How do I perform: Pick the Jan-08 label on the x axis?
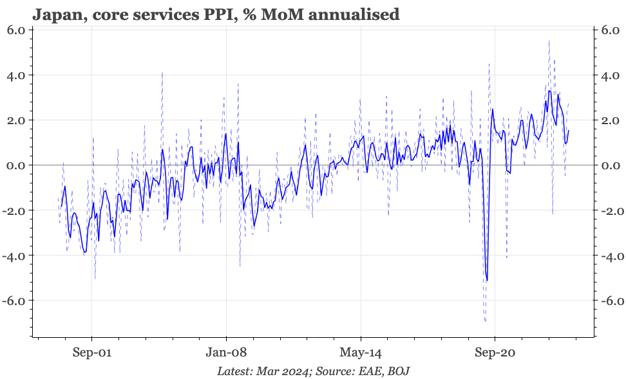[226, 353]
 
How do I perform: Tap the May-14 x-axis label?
[361, 353]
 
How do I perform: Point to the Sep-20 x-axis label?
[495, 353]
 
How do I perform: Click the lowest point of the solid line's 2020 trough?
[487, 280]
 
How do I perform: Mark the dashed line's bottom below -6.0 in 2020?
[485, 320]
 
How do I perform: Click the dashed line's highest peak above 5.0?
[549, 41]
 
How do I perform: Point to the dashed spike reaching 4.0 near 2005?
[162, 73]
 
